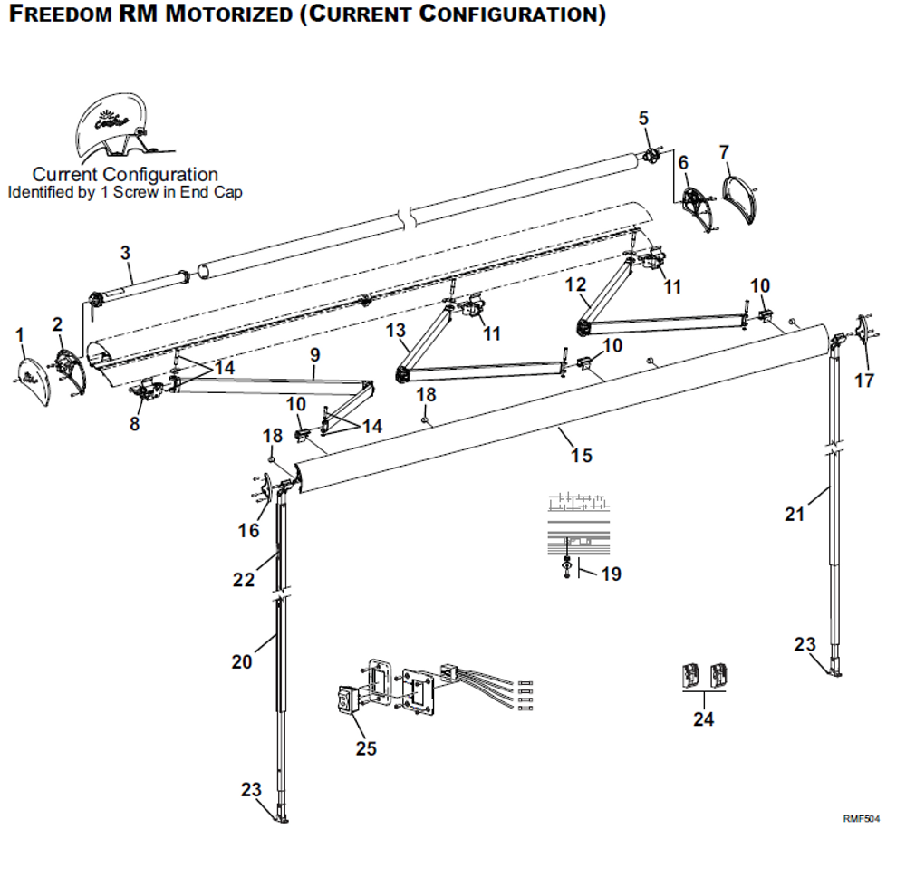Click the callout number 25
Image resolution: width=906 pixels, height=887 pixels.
pyautogui.click(x=366, y=749)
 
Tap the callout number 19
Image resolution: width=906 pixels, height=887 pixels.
pyautogui.click(x=612, y=574)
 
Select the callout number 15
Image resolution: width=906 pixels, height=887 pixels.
pyautogui.click(x=582, y=455)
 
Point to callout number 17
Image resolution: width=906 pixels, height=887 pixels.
pyautogui.click(x=865, y=381)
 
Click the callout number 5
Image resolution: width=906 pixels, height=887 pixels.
pyautogui.click(x=644, y=118)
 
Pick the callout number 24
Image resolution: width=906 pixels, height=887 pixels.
pyautogui.click(x=704, y=719)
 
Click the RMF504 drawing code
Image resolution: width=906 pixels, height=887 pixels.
pyautogui.click(x=861, y=819)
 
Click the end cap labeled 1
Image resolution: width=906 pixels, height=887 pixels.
pyautogui.click(x=33, y=371)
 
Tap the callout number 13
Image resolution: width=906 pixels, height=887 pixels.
pyautogui.click(x=396, y=331)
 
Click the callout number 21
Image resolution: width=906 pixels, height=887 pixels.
pyautogui.click(x=795, y=515)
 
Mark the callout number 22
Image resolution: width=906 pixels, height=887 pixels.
pyautogui.click(x=244, y=580)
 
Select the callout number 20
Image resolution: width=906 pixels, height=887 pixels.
pyautogui.click(x=242, y=662)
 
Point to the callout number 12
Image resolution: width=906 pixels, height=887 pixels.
pyautogui.click(x=575, y=284)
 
